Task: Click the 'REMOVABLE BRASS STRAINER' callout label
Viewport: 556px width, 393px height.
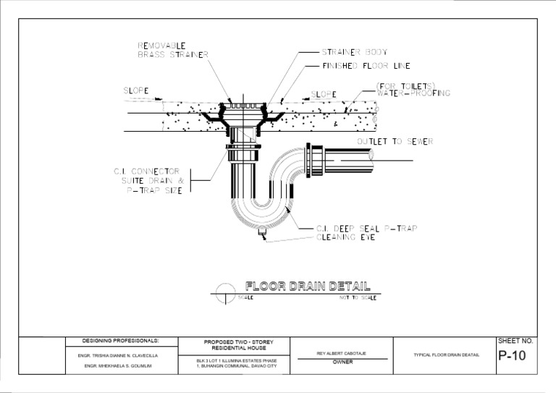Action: pyautogui.click(x=173, y=50)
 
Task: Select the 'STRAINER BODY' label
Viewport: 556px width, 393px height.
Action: pyautogui.click(x=354, y=52)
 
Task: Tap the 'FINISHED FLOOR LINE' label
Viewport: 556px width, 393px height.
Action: pyautogui.click(x=366, y=66)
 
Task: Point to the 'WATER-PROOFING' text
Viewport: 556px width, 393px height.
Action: pyautogui.click(x=413, y=93)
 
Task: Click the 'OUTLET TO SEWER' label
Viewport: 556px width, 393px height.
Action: pyautogui.click(x=395, y=141)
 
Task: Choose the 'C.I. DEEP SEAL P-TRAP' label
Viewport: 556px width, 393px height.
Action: pyautogui.click(x=366, y=229)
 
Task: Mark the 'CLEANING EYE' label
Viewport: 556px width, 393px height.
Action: pyautogui.click(x=346, y=237)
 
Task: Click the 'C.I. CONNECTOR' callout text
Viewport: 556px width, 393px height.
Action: pyautogui.click(x=146, y=172)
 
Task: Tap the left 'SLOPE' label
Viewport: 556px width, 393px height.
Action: pyautogui.click(x=135, y=91)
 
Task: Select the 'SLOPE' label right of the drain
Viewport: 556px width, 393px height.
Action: pyautogui.click(x=324, y=94)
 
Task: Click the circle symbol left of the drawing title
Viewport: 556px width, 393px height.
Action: pyautogui.click(x=226, y=292)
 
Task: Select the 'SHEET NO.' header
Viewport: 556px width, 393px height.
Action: pyautogui.click(x=515, y=340)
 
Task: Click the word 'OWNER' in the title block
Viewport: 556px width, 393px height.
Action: pyautogui.click(x=342, y=362)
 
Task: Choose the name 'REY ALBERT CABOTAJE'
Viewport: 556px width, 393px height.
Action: pyautogui.click(x=342, y=353)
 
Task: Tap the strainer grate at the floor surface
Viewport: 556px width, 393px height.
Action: pyautogui.click(x=243, y=106)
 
